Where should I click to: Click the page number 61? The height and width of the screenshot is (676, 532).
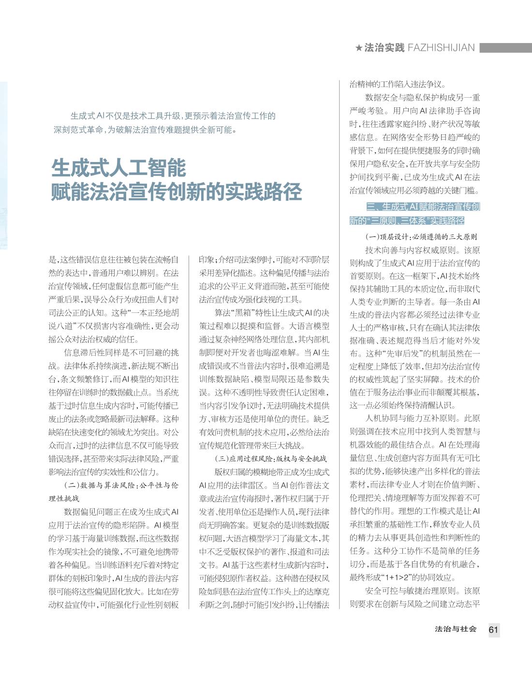[x=493, y=630]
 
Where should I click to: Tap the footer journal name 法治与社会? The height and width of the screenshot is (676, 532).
[x=456, y=629]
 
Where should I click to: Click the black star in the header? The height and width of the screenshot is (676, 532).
[x=358, y=48]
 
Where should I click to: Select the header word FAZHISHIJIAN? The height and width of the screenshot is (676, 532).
[x=441, y=48]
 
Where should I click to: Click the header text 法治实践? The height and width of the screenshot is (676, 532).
[x=384, y=48]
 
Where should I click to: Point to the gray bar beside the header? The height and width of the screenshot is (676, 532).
[x=505, y=48]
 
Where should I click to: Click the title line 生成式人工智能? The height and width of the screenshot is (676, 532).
[x=119, y=168]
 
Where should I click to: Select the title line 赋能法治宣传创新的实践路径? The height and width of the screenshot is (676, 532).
[x=177, y=191]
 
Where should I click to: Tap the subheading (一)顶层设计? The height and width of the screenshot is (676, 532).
[x=421, y=237]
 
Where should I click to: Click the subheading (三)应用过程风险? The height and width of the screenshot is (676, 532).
[x=270, y=458]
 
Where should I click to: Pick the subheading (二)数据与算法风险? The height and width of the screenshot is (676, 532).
[x=121, y=485]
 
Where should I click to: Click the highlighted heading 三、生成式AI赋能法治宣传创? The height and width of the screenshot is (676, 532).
[x=423, y=207]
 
